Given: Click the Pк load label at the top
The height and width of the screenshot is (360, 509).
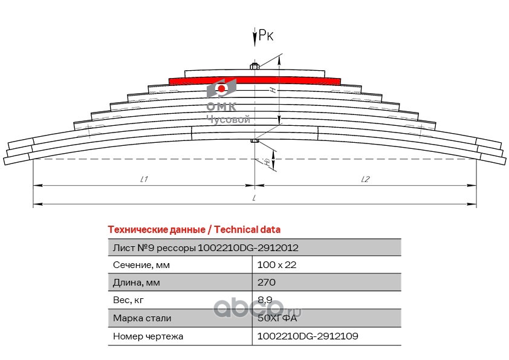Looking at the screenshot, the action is click(266, 36).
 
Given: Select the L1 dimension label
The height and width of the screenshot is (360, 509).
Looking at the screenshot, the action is click(144, 179).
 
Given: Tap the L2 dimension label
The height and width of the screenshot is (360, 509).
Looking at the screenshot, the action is click(365, 179).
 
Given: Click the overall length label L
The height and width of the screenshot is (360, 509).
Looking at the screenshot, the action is click(254, 198).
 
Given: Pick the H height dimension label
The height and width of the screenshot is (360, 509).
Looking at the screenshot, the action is click(273, 90).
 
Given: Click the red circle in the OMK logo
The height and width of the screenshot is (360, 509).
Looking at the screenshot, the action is click(222, 90).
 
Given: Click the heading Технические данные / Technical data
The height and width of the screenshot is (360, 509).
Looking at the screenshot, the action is click(193, 230).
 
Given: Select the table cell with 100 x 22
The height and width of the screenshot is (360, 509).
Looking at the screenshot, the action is click(277, 265).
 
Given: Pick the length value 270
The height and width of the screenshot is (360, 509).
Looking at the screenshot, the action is click(267, 283).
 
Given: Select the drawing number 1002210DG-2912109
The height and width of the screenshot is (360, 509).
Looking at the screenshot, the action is click(308, 335).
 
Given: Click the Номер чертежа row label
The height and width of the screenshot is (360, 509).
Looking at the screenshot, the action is click(148, 335).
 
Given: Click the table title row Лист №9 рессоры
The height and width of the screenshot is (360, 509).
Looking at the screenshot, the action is click(206, 248).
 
